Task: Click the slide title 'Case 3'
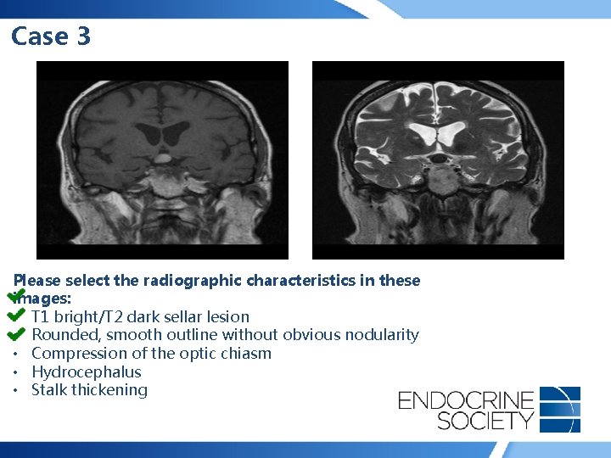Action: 51,36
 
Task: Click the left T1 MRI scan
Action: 162,160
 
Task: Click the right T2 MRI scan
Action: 438,160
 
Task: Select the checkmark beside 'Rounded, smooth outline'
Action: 16,333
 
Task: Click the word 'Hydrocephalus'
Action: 86,371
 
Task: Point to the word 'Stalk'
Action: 49,390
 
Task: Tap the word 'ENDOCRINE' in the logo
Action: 466,399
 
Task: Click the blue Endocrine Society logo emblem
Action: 560,410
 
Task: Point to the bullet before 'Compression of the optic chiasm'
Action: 17,354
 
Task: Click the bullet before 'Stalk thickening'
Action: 17,390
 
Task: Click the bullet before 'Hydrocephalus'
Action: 17,371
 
